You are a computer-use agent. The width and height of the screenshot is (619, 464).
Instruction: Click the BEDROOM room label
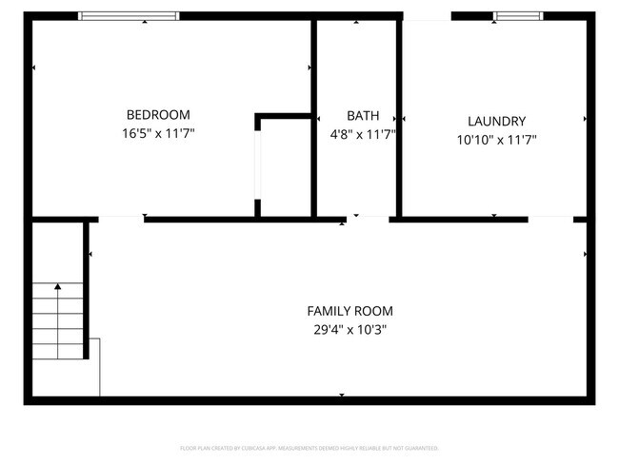[158, 114]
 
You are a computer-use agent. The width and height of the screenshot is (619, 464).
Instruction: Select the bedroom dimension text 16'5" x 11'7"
[158, 134]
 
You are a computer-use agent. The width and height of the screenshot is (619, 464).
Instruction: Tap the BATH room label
[356, 115]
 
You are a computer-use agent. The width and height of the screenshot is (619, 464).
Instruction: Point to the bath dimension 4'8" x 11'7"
[356, 134]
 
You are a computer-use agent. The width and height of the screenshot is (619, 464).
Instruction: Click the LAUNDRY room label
[496, 121]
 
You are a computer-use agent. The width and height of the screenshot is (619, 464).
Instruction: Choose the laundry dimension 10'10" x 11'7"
[496, 140]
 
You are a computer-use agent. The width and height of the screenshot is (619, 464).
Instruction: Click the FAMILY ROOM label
[349, 311]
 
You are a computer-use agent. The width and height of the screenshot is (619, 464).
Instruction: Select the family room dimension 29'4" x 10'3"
[349, 330]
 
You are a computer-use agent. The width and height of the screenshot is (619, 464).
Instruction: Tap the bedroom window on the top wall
[128, 15]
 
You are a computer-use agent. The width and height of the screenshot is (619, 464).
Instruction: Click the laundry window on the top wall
[519, 15]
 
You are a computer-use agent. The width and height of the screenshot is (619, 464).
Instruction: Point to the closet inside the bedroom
[285, 166]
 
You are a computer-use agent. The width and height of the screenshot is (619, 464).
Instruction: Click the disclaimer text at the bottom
[309, 447]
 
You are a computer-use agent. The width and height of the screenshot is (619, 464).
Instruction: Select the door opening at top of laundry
[427, 15]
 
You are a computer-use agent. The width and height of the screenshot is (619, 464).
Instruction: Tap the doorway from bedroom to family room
[121, 219]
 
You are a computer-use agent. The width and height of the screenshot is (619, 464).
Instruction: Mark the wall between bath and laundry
[399, 119]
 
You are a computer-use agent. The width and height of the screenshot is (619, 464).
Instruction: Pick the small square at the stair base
[94, 366]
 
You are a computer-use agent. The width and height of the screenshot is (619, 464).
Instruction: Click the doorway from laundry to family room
[550, 219]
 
